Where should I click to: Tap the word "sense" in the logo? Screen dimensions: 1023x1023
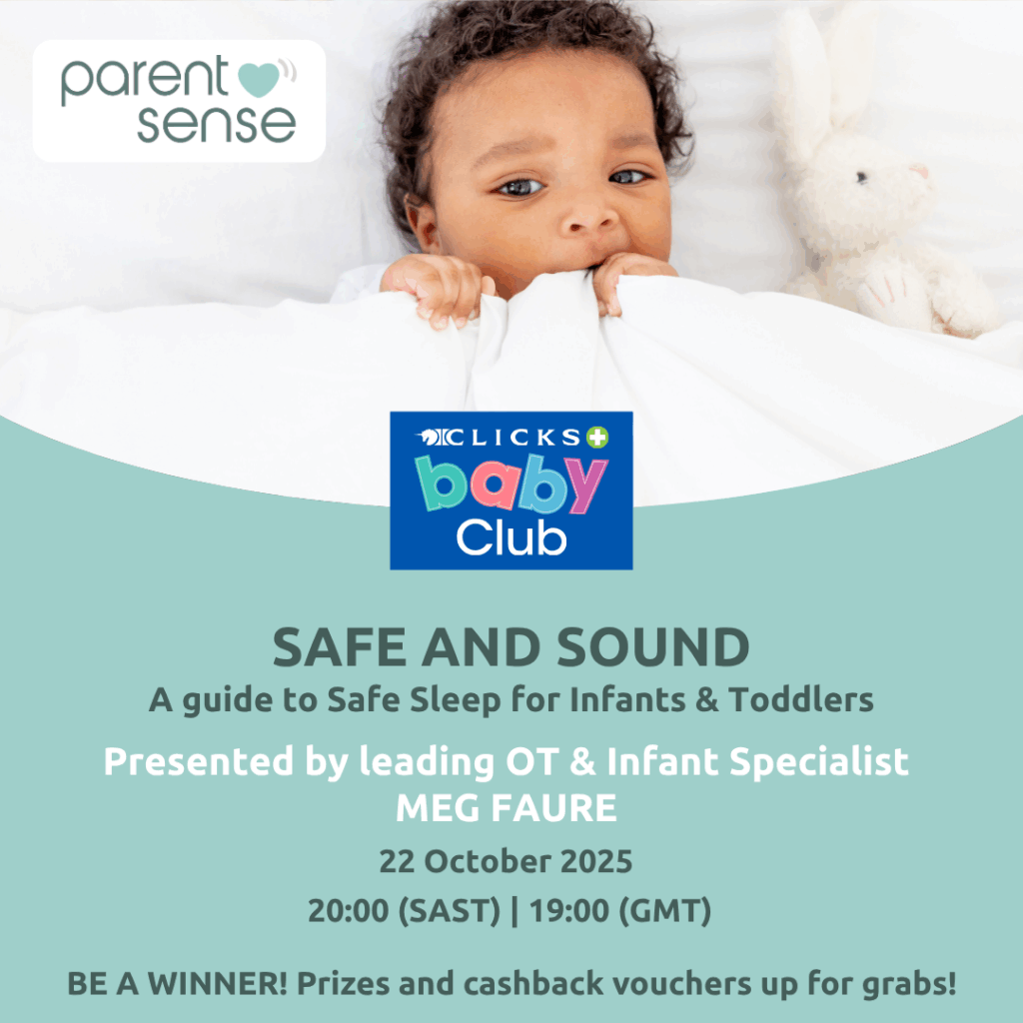coord(216,123)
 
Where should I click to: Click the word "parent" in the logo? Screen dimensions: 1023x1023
coord(145,80)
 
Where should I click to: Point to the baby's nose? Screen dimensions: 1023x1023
coord(590,217)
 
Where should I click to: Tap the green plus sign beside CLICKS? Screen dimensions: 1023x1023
coord(597,438)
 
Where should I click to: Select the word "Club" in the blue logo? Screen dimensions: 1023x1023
coord(511,537)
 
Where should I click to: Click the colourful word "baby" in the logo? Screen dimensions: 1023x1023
coord(511,484)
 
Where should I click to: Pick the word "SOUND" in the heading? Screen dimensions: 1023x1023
coord(653,647)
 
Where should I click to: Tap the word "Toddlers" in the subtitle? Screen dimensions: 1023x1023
coord(800,699)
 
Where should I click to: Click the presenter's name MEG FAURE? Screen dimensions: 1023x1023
coord(507,807)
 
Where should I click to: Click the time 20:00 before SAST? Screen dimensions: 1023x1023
coord(349,911)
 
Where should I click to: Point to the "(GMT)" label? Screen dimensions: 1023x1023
coord(664,911)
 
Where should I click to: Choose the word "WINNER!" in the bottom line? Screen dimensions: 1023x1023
coord(217,984)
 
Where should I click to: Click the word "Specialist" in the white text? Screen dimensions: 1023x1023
coord(819,761)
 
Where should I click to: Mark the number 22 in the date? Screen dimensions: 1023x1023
coord(398,861)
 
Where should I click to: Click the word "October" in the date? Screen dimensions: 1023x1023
coord(488,861)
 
